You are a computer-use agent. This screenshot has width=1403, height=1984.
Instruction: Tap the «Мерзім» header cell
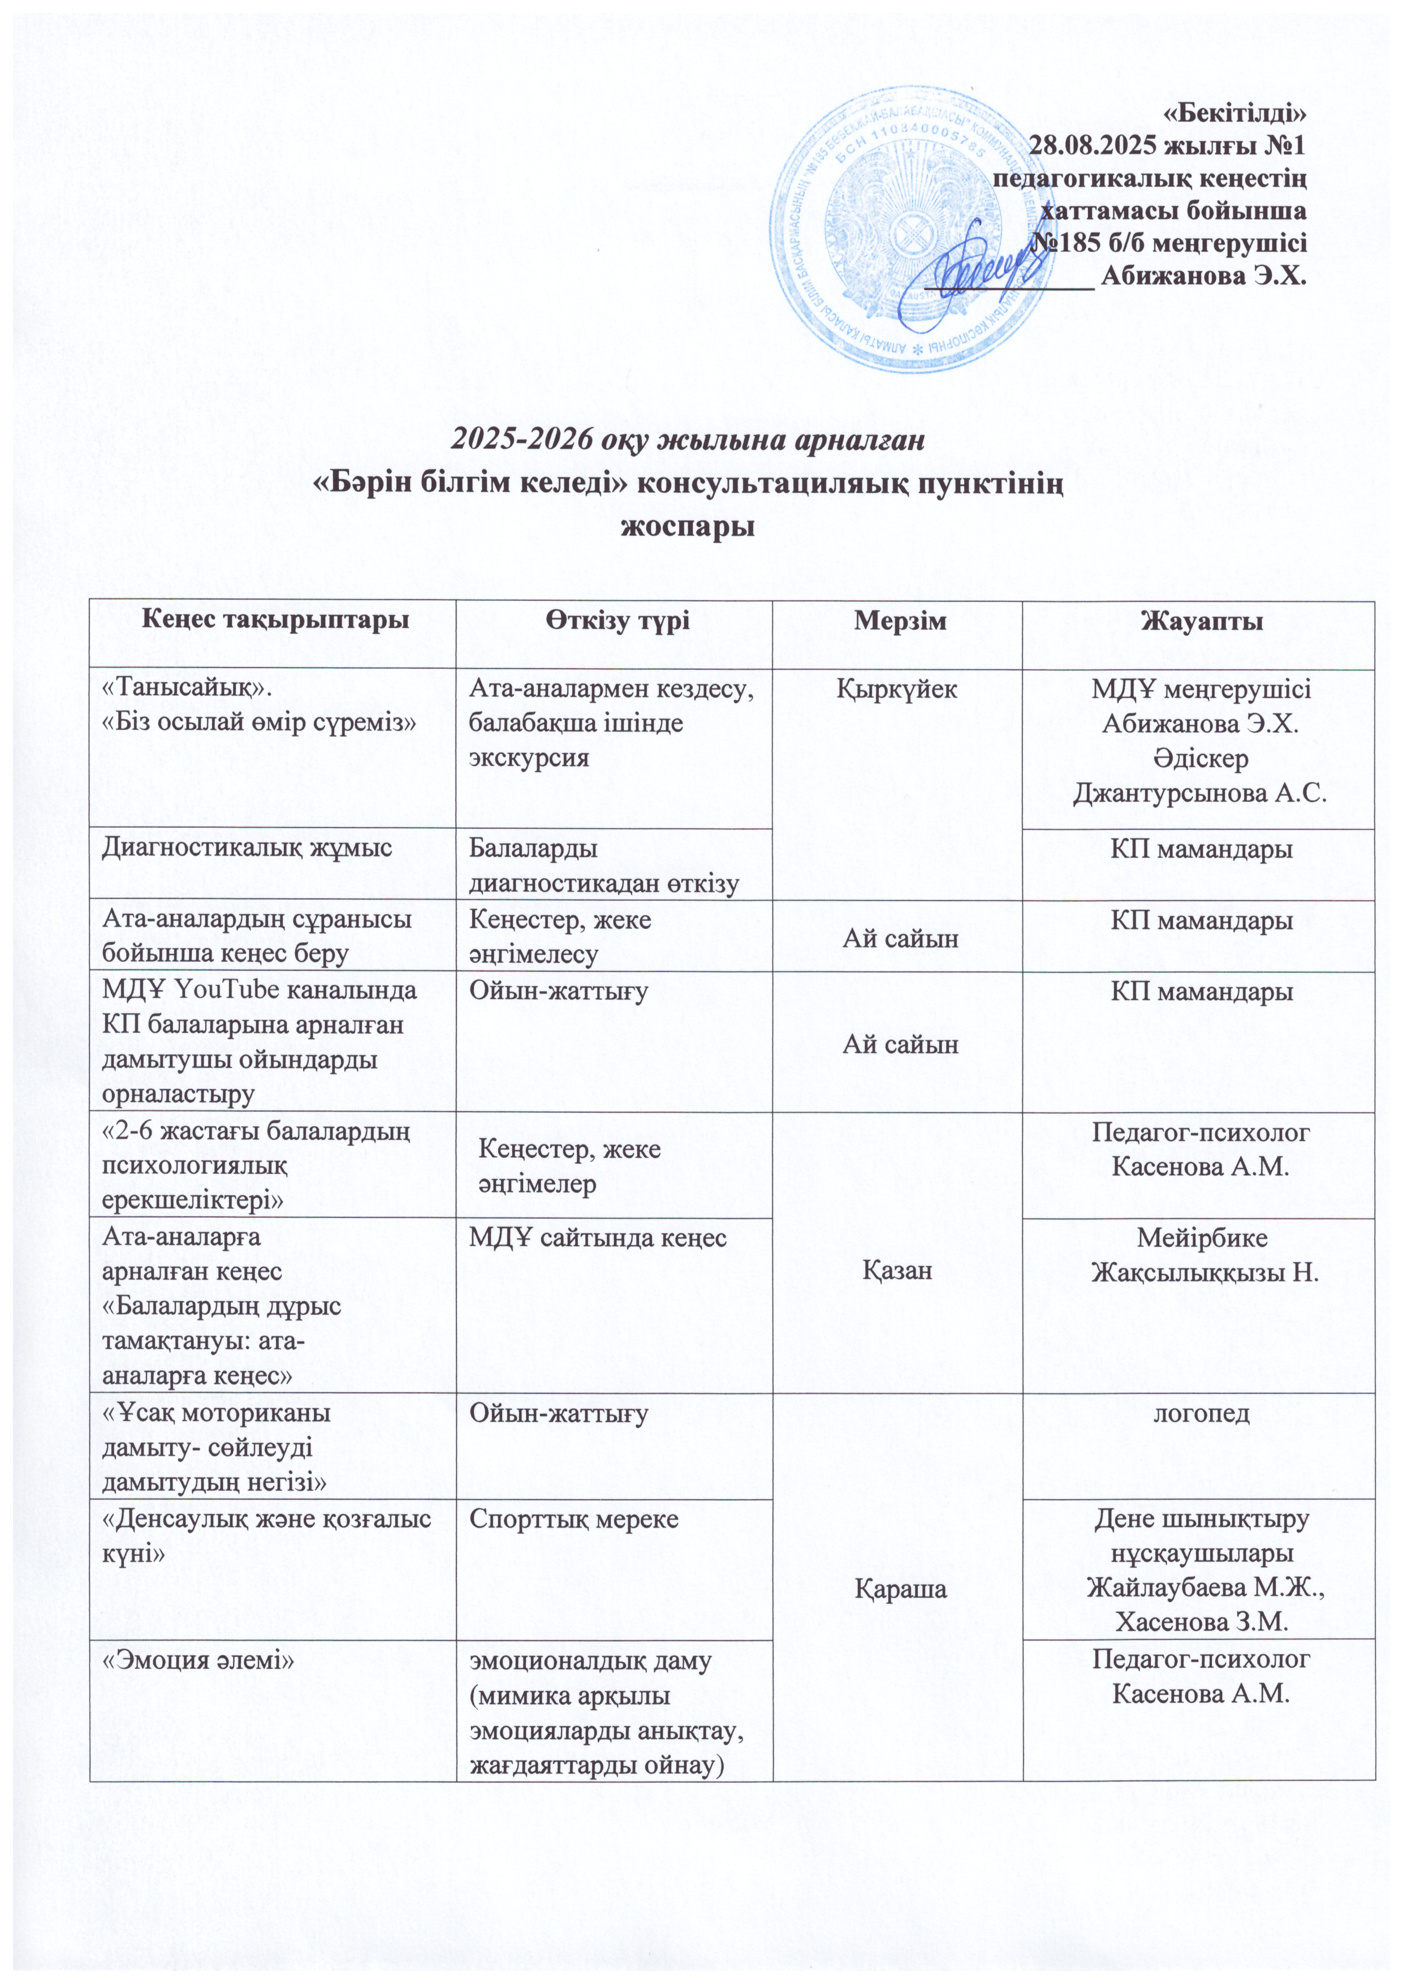(899, 621)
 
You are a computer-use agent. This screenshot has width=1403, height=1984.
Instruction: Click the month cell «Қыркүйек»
(899, 690)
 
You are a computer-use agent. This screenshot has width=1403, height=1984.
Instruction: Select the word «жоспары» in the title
(689, 526)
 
